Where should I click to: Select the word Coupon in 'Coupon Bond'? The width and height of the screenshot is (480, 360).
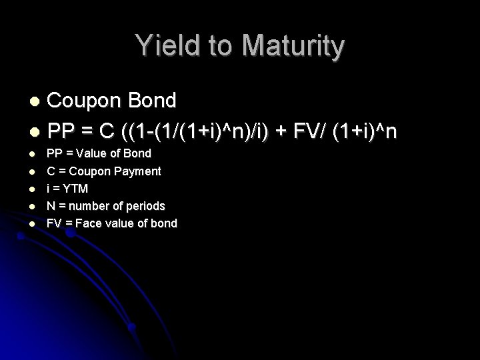coord(83,101)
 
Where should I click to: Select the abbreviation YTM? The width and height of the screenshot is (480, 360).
coord(75,189)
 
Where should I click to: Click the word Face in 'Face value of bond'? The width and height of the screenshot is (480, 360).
coord(89,223)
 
